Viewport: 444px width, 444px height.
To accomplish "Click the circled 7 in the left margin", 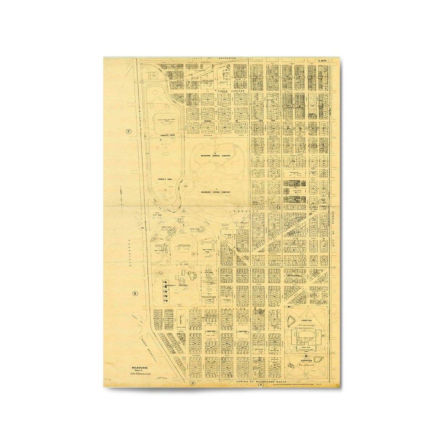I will pyautogui.click(x=128, y=131).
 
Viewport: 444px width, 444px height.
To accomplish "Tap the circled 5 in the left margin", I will pyautogui.click(x=134, y=294).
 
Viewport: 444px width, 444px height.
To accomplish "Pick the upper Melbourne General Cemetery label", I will pyautogui.click(x=215, y=155).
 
